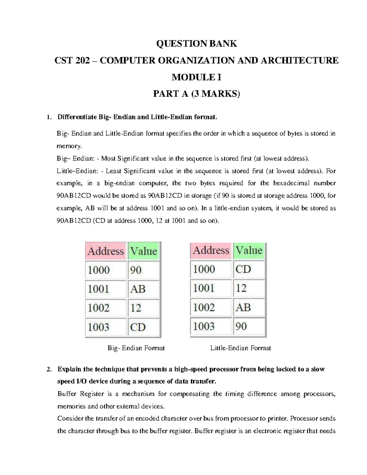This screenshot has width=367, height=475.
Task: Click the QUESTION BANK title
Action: (x=196, y=44)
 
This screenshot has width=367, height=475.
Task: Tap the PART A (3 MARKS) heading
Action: (x=196, y=94)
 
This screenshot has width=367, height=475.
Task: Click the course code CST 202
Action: (x=72, y=61)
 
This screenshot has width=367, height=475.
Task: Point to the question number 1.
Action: (x=47, y=117)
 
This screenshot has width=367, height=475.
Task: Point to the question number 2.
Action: (x=48, y=369)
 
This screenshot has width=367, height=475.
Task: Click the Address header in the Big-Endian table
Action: (x=106, y=251)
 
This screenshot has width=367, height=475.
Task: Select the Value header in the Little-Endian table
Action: (x=249, y=250)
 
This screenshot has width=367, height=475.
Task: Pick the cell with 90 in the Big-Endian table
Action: (x=143, y=270)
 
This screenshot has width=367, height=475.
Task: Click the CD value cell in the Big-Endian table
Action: (x=143, y=327)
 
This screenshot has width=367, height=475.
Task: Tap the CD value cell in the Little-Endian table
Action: (x=249, y=269)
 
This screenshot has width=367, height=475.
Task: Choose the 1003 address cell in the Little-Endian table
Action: (x=211, y=326)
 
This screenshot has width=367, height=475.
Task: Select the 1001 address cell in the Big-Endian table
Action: (x=106, y=289)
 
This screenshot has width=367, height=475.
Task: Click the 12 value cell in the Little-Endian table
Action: (x=249, y=288)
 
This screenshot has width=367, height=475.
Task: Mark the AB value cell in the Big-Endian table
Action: (x=143, y=289)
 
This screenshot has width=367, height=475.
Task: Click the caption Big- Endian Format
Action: (x=136, y=348)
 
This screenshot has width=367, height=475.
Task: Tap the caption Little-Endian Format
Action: (x=240, y=348)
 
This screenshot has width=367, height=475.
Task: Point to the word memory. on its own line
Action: (x=69, y=146)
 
